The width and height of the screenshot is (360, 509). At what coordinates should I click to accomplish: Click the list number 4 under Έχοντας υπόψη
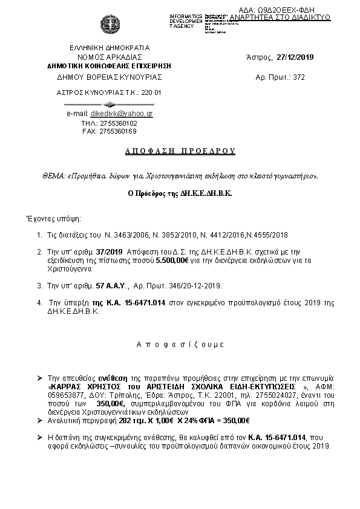40,300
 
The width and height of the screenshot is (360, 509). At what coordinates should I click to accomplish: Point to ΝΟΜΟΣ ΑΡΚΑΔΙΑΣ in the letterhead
110,57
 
